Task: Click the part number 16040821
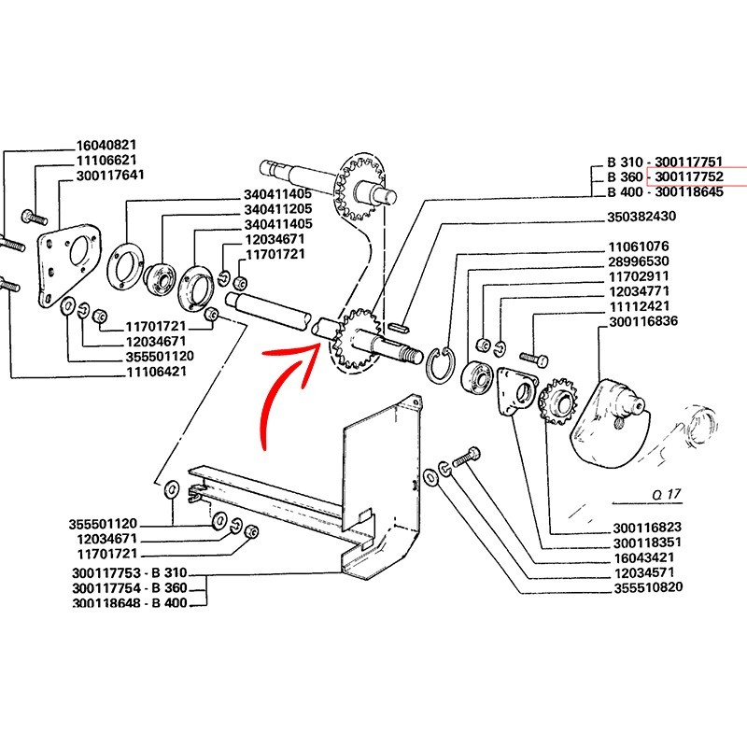click(x=106, y=146)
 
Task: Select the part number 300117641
click(x=109, y=176)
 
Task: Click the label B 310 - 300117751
click(x=669, y=162)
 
